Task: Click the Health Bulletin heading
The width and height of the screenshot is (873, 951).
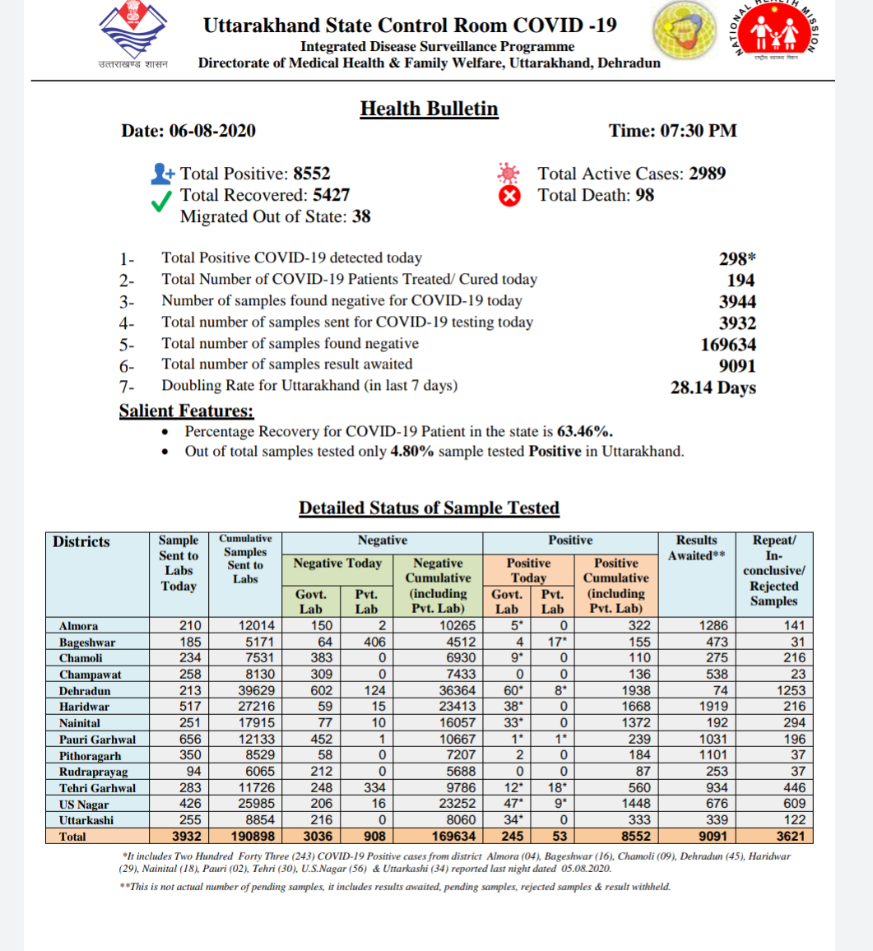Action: (429, 109)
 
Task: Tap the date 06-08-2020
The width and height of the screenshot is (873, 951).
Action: (212, 131)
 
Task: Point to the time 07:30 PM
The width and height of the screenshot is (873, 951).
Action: (696, 131)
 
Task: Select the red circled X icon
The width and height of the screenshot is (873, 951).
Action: (510, 196)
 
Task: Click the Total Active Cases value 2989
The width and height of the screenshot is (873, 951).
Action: (707, 174)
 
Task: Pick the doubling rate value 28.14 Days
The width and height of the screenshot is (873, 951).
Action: (713, 387)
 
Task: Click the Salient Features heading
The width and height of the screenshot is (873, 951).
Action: (186, 411)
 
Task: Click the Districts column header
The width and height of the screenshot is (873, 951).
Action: (81, 541)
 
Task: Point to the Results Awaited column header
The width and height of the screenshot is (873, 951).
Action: (696, 548)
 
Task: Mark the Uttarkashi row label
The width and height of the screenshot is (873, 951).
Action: (86, 820)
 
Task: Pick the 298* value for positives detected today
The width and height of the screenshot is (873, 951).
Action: (737, 259)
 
